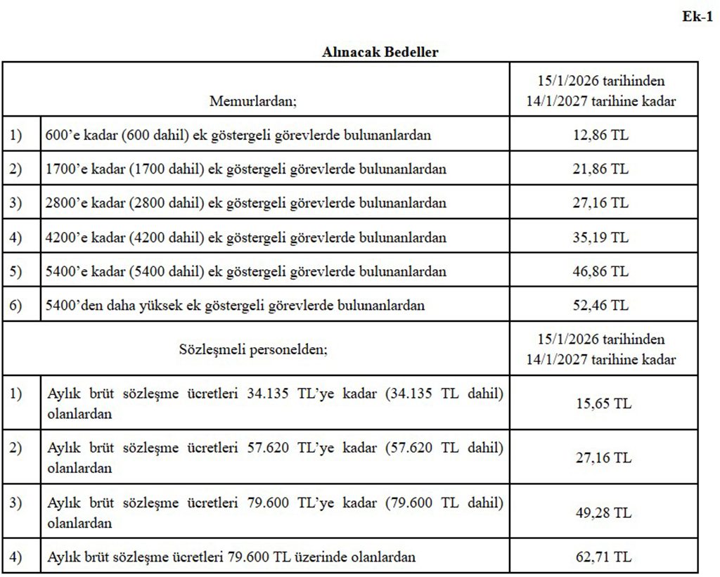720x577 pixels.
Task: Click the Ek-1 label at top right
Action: click(697, 17)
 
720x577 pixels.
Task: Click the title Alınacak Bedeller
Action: click(380, 53)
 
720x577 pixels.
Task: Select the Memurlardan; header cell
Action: click(253, 101)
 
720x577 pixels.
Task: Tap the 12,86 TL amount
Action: click(600, 135)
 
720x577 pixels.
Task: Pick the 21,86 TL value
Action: click(600, 169)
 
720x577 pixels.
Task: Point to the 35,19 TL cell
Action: click(600, 238)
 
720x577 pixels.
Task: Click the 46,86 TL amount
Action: click(600, 271)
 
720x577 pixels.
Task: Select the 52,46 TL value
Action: click(600, 306)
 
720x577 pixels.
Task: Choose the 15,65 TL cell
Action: click(602, 403)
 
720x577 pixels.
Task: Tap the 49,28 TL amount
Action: click(602, 512)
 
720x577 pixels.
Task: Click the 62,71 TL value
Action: click(602, 557)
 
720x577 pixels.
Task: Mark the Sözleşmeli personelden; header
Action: click(253, 349)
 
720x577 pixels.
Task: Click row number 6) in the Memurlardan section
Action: click(16, 306)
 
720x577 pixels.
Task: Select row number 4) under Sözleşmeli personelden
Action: click(16, 557)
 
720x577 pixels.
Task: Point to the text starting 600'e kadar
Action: click(238, 135)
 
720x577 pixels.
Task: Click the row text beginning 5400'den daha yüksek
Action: click(235, 306)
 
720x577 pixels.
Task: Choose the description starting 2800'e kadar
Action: click(245, 203)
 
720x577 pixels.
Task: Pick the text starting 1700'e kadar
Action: click(245, 169)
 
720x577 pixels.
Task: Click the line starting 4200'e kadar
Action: click(245, 238)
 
